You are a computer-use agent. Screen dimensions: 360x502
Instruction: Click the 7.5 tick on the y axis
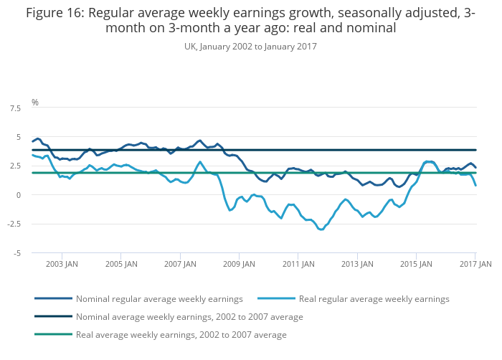15,108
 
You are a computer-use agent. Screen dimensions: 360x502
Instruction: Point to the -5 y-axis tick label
16,253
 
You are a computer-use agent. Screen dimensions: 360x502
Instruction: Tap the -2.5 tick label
14,224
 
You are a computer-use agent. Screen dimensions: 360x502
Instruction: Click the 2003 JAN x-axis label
62,264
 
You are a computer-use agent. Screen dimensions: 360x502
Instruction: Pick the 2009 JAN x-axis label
239,264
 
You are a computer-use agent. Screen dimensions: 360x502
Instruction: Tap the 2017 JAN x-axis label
475,264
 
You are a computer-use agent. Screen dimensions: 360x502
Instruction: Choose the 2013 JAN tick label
357,264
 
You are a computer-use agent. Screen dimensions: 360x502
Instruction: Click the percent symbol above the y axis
34,103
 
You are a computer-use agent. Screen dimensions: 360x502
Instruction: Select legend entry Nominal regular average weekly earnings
159,298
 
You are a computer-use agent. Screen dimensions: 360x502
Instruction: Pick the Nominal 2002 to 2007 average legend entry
189,316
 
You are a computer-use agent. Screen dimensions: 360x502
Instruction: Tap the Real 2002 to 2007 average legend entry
181,334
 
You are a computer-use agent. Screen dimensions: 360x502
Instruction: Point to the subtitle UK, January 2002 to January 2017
250,46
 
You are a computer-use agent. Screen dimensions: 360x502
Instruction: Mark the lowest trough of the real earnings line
321,229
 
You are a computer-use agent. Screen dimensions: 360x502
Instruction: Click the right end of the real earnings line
476,185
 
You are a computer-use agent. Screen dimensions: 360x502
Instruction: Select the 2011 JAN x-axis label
298,264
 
